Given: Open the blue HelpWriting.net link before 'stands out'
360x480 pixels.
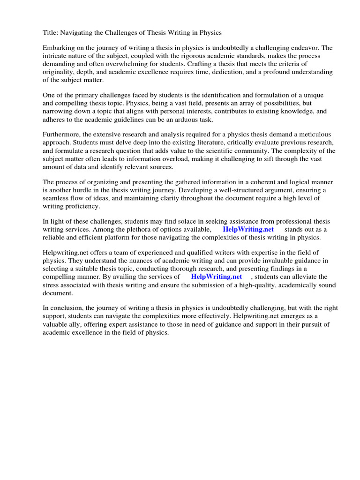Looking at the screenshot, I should pos(248,229).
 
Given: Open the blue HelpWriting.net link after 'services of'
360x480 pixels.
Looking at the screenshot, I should pos(217,277).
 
